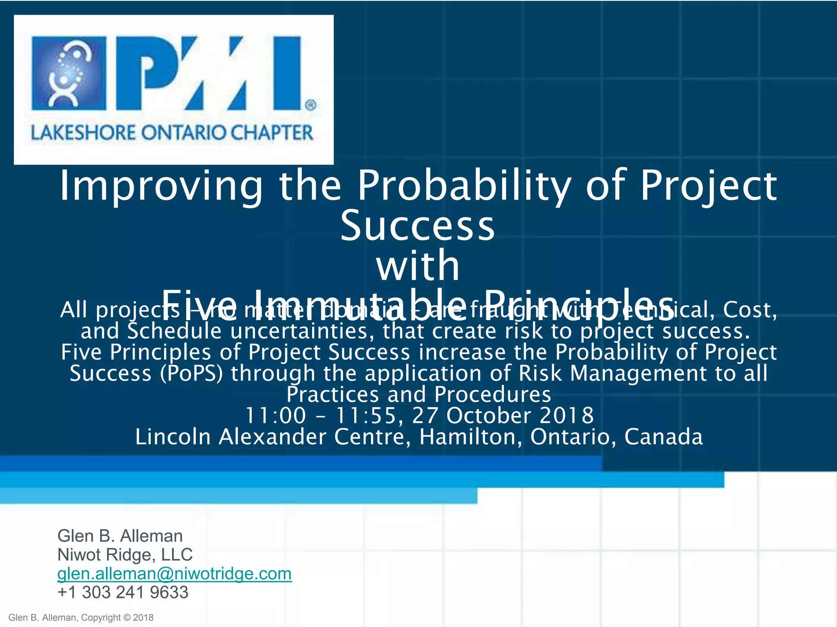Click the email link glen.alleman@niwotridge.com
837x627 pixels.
click(x=175, y=574)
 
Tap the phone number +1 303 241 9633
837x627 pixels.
click(x=123, y=592)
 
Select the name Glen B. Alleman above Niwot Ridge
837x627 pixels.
click(x=120, y=536)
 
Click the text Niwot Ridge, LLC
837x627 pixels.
click(x=125, y=555)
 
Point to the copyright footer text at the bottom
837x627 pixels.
click(x=81, y=618)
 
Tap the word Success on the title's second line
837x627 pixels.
click(x=418, y=226)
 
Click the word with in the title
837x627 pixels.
click(x=418, y=266)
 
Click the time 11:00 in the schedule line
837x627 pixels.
click(x=275, y=416)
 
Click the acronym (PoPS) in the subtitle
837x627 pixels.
click(x=191, y=374)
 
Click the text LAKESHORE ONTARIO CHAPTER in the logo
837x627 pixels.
click(x=172, y=133)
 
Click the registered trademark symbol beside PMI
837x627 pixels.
click(x=311, y=105)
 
